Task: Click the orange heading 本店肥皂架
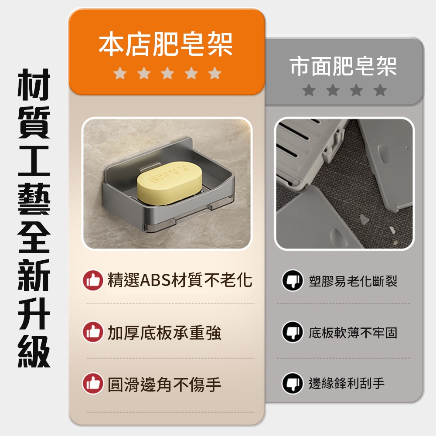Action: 166,44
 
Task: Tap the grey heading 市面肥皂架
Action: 344,66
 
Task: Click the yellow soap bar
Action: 169,184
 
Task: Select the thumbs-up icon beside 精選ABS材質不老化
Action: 93,280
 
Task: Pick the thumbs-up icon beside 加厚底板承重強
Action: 93,332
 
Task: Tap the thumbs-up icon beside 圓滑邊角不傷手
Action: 93,383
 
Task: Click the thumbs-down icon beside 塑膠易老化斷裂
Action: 293,280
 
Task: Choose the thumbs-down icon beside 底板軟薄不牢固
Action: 293,332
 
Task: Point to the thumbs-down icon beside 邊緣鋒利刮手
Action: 293,383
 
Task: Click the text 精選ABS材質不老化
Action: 180,280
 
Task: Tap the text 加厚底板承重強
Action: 164,333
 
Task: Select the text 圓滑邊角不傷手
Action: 164,384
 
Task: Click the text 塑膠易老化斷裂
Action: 353,281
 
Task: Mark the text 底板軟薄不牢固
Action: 353,333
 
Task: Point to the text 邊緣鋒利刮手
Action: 347,383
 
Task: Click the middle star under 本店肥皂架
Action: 167,73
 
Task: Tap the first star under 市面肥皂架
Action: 309,90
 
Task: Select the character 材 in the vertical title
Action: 34,85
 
